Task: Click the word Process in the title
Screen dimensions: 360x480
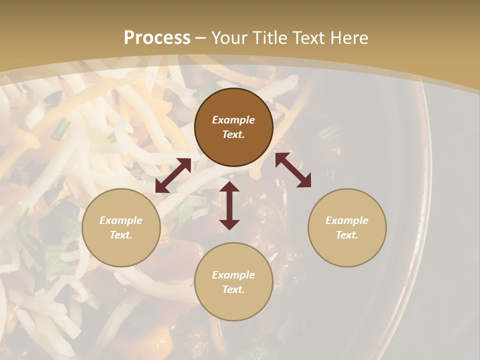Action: point(157,37)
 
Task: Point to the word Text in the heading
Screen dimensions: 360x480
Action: point(309,37)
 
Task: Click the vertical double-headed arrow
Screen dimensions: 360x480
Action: point(229,205)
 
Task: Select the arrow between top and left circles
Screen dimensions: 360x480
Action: point(173,175)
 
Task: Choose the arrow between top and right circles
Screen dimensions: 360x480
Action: point(293,170)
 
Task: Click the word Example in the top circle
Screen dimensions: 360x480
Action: point(233,120)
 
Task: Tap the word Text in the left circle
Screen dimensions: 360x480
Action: point(121,235)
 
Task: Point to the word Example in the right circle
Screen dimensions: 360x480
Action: point(347,220)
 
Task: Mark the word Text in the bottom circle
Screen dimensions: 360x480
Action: point(233,289)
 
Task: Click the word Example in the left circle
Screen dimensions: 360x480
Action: point(121,220)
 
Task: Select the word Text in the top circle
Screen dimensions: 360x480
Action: point(233,134)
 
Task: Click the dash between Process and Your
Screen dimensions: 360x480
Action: point(201,38)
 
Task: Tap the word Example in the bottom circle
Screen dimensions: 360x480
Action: point(233,275)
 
